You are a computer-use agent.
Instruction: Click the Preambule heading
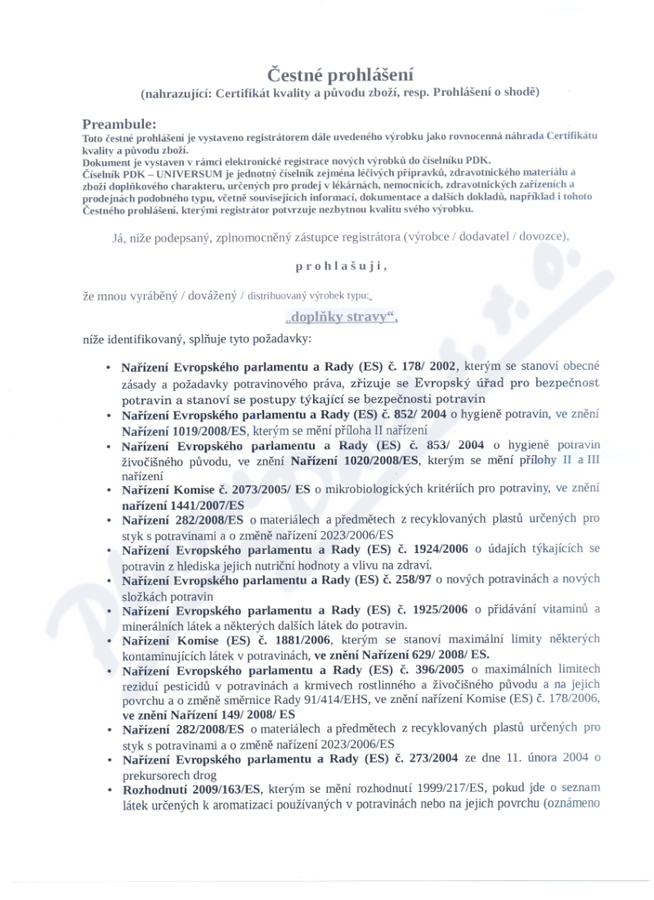pos(119,124)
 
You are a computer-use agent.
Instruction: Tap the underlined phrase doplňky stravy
pos(341,317)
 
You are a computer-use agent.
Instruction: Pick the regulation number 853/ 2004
pos(449,445)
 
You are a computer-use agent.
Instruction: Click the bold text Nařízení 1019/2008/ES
pos(185,430)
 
